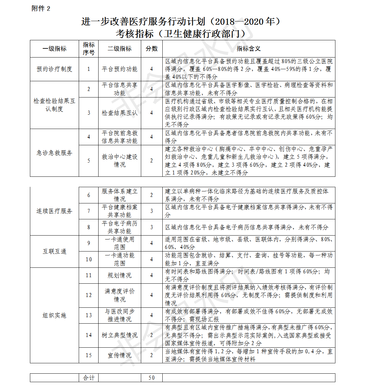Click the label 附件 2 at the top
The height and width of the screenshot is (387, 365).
(x=41, y=8)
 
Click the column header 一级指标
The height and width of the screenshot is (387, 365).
(x=54, y=49)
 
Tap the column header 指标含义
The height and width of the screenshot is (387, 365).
(x=249, y=49)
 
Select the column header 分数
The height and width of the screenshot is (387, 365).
(x=152, y=49)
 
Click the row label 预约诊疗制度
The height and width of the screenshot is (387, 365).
(x=54, y=69)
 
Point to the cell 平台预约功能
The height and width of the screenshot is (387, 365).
(x=120, y=69)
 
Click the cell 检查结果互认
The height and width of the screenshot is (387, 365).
(x=120, y=113)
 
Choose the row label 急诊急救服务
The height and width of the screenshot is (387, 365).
(x=54, y=153)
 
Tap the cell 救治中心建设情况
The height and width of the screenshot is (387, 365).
(x=120, y=161)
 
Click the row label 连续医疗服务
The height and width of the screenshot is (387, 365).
(x=54, y=211)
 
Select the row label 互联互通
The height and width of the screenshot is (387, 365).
(x=54, y=251)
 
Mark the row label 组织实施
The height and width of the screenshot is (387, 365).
(x=54, y=315)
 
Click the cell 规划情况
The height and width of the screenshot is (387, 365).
(x=120, y=275)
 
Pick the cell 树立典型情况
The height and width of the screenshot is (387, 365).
(x=120, y=335)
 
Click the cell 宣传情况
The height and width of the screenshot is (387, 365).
(x=120, y=355)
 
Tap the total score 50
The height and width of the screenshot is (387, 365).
(x=152, y=378)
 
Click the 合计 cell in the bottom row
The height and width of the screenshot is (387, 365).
(x=88, y=378)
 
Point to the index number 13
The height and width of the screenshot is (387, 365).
(x=88, y=315)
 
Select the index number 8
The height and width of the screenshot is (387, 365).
(x=88, y=227)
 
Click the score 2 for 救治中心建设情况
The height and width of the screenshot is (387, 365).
(x=152, y=161)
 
